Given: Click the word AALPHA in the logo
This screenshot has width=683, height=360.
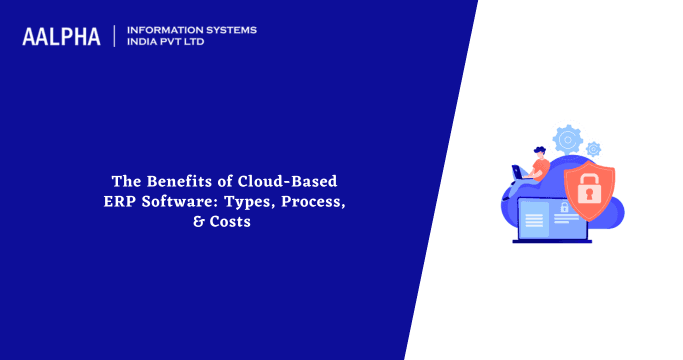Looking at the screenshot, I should coord(61,37).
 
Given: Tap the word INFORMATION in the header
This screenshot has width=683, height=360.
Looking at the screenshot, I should coord(161,30).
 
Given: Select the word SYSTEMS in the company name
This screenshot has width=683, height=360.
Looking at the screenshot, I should coord(227,30).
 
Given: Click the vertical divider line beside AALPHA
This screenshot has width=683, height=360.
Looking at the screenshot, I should coord(115,36).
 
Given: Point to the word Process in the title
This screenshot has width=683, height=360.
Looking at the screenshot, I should coord(316,202).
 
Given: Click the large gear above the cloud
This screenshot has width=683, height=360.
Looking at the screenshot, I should coord(568,138).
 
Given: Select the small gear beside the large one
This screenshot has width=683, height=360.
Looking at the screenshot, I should coord(593,148).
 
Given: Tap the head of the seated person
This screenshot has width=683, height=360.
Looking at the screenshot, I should coord(540,153).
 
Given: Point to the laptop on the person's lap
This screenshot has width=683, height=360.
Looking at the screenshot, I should coord(520,173).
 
